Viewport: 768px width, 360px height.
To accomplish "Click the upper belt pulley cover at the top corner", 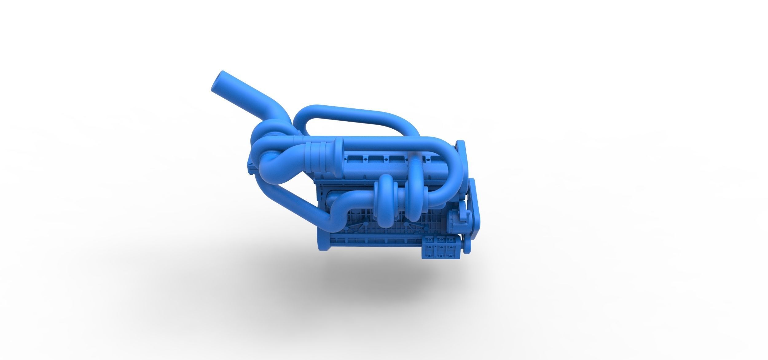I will pos(461,151).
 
